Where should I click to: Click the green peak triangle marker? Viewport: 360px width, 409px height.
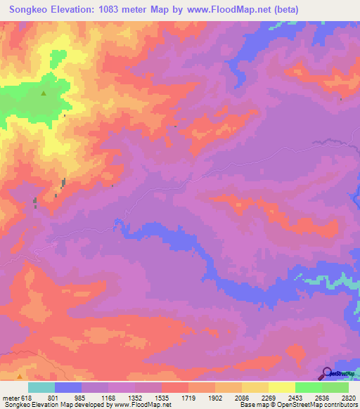[x=44, y=93]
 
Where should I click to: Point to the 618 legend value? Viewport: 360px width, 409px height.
[x=27, y=397]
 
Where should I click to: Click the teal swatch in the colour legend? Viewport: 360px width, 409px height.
[x=41, y=387]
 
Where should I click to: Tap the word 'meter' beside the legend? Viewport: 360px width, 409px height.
[x=10, y=397]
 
